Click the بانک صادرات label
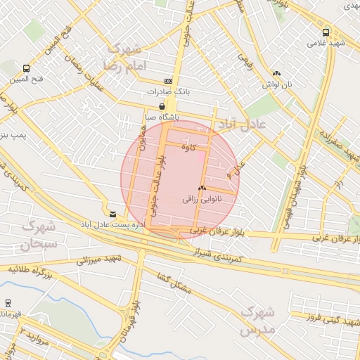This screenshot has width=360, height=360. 165,91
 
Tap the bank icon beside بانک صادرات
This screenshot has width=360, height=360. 167,81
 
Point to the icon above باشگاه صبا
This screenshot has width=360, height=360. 162,106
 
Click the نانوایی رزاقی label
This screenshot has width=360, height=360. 202,199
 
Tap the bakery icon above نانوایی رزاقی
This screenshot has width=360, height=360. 202,188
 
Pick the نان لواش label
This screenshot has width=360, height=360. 276,84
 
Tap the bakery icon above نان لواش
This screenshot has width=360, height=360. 276,73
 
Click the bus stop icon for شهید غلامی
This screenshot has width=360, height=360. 326,32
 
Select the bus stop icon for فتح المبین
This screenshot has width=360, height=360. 26,68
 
